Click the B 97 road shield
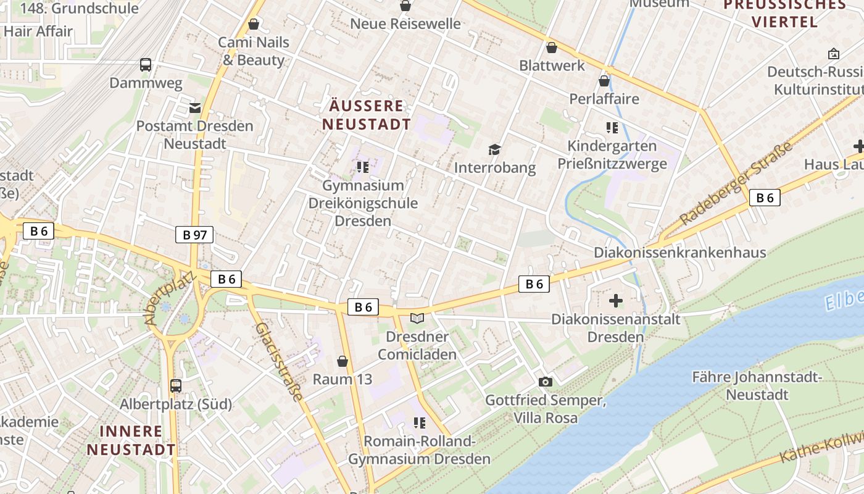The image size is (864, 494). pyautogui.click(x=194, y=235)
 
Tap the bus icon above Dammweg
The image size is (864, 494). pyautogui.click(x=146, y=64)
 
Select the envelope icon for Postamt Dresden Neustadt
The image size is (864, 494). pyautogui.click(x=195, y=108)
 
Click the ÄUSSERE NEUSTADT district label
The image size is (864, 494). pyautogui.click(x=366, y=115)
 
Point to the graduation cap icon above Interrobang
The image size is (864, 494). pyautogui.click(x=494, y=149)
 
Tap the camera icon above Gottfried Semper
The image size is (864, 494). pyautogui.click(x=545, y=382)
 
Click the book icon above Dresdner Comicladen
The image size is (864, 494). pyautogui.click(x=418, y=318)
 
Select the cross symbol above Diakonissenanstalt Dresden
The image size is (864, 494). pyautogui.click(x=616, y=301)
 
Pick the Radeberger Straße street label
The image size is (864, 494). pyautogui.click(x=736, y=184)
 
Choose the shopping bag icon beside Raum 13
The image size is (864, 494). pyautogui.click(x=343, y=361)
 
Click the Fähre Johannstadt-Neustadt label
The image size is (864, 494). pyautogui.click(x=757, y=385)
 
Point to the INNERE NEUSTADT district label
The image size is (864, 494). pyautogui.click(x=131, y=440)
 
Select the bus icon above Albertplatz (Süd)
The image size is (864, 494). pyautogui.click(x=176, y=386)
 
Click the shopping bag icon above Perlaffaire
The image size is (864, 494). pyautogui.click(x=604, y=81)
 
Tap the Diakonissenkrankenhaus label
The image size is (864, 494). pyautogui.click(x=679, y=253)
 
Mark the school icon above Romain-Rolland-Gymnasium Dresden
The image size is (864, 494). pyautogui.click(x=420, y=423)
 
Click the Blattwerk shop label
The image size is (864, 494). pyautogui.click(x=552, y=65)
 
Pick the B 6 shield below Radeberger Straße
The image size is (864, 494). pyautogui.click(x=765, y=198)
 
